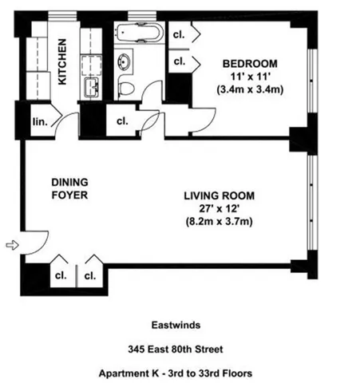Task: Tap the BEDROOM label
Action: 249,63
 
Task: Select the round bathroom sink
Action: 125,61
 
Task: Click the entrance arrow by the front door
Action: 10,245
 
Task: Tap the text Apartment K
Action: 130,372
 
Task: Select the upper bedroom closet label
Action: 180,35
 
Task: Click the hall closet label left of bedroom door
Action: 122,121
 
